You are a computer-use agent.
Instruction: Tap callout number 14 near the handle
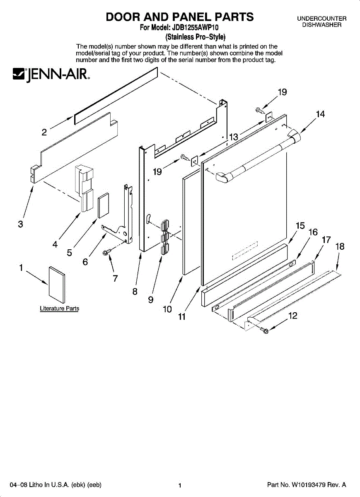coord(320,114)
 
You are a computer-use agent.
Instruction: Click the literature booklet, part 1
coord(57,284)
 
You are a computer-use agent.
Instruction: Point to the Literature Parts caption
coord(59,309)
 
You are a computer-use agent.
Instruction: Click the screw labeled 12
coord(264,330)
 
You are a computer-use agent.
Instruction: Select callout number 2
coord(44,133)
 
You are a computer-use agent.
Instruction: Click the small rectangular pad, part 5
coord(103,205)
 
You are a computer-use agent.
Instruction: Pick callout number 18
coord(340,247)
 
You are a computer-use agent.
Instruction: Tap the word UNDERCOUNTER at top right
coord(321,19)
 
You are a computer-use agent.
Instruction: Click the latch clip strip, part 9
coord(164,238)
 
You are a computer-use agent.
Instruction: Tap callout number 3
coord(20,224)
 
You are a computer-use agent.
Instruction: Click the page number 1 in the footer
coord(180,486)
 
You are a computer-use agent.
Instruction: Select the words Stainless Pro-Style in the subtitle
coord(195,36)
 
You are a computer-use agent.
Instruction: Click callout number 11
coord(181,317)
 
